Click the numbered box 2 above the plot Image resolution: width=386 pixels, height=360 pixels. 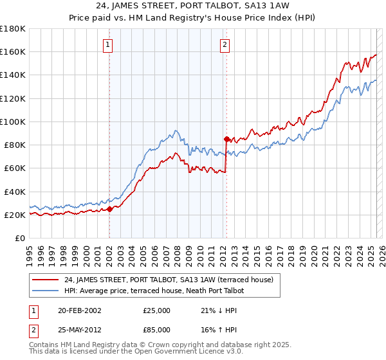[225, 44]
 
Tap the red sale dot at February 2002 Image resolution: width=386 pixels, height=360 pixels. [109, 208]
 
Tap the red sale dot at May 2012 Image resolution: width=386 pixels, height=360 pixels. [226, 139]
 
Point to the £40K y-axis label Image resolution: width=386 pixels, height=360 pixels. [15, 192]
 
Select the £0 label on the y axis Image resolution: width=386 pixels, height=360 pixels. [21, 238]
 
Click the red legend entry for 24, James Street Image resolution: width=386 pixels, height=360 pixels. [169, 280]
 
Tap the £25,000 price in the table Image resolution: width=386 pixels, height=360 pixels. [157, 310]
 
